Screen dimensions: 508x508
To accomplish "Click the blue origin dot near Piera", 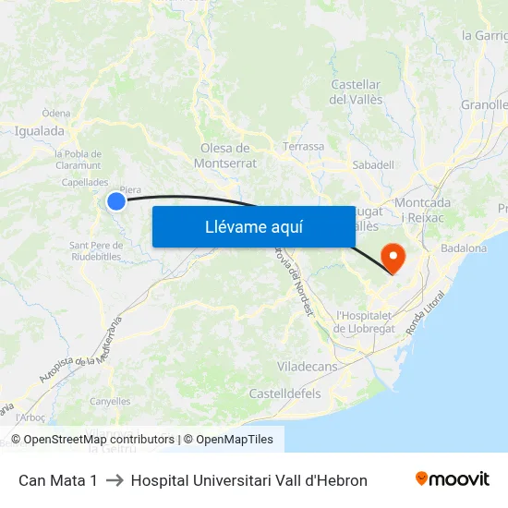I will (116, 201).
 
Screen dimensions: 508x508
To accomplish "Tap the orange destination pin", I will (393, 256).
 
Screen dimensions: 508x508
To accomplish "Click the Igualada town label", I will (40, 131).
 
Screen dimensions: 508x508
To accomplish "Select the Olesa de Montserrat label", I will (224, 155).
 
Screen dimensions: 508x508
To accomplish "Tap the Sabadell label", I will (373, 164).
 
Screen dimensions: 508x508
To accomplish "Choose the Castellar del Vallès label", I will (356, 91).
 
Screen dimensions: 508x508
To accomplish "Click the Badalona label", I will (464, 248).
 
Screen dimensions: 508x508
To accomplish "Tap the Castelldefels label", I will (284, 393).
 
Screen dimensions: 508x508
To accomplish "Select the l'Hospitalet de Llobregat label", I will (365, 321).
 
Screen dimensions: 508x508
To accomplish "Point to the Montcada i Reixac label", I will (422, 209).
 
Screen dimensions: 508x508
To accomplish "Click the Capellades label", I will (84, 182).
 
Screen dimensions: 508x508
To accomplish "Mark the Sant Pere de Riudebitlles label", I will (96, 251).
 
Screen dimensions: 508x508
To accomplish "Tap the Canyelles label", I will (110, 401).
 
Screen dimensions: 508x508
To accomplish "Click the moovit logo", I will (452, 479).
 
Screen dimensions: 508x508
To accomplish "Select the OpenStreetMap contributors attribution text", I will (99, 440).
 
